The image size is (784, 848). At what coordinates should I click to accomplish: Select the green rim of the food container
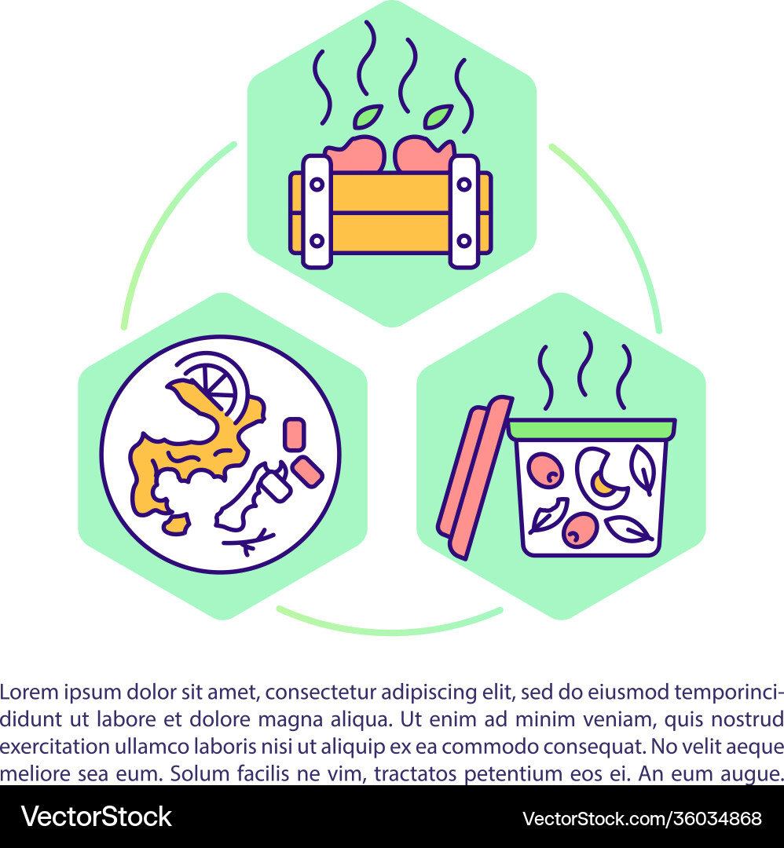click(x=592, y=429)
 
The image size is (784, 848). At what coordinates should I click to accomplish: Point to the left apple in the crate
click(x=355, y=155)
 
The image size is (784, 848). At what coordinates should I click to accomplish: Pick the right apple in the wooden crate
click(x=423, y=154)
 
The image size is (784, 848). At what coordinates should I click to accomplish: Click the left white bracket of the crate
click(x=316, y=211)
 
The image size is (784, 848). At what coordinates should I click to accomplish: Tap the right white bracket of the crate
click(x=463, y=211)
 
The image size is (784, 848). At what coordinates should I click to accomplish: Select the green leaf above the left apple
click(x=366, y=116)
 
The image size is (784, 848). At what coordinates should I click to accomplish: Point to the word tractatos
click(x=416, y=771)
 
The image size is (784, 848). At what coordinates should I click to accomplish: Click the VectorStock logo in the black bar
click(x=96, y=817)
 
